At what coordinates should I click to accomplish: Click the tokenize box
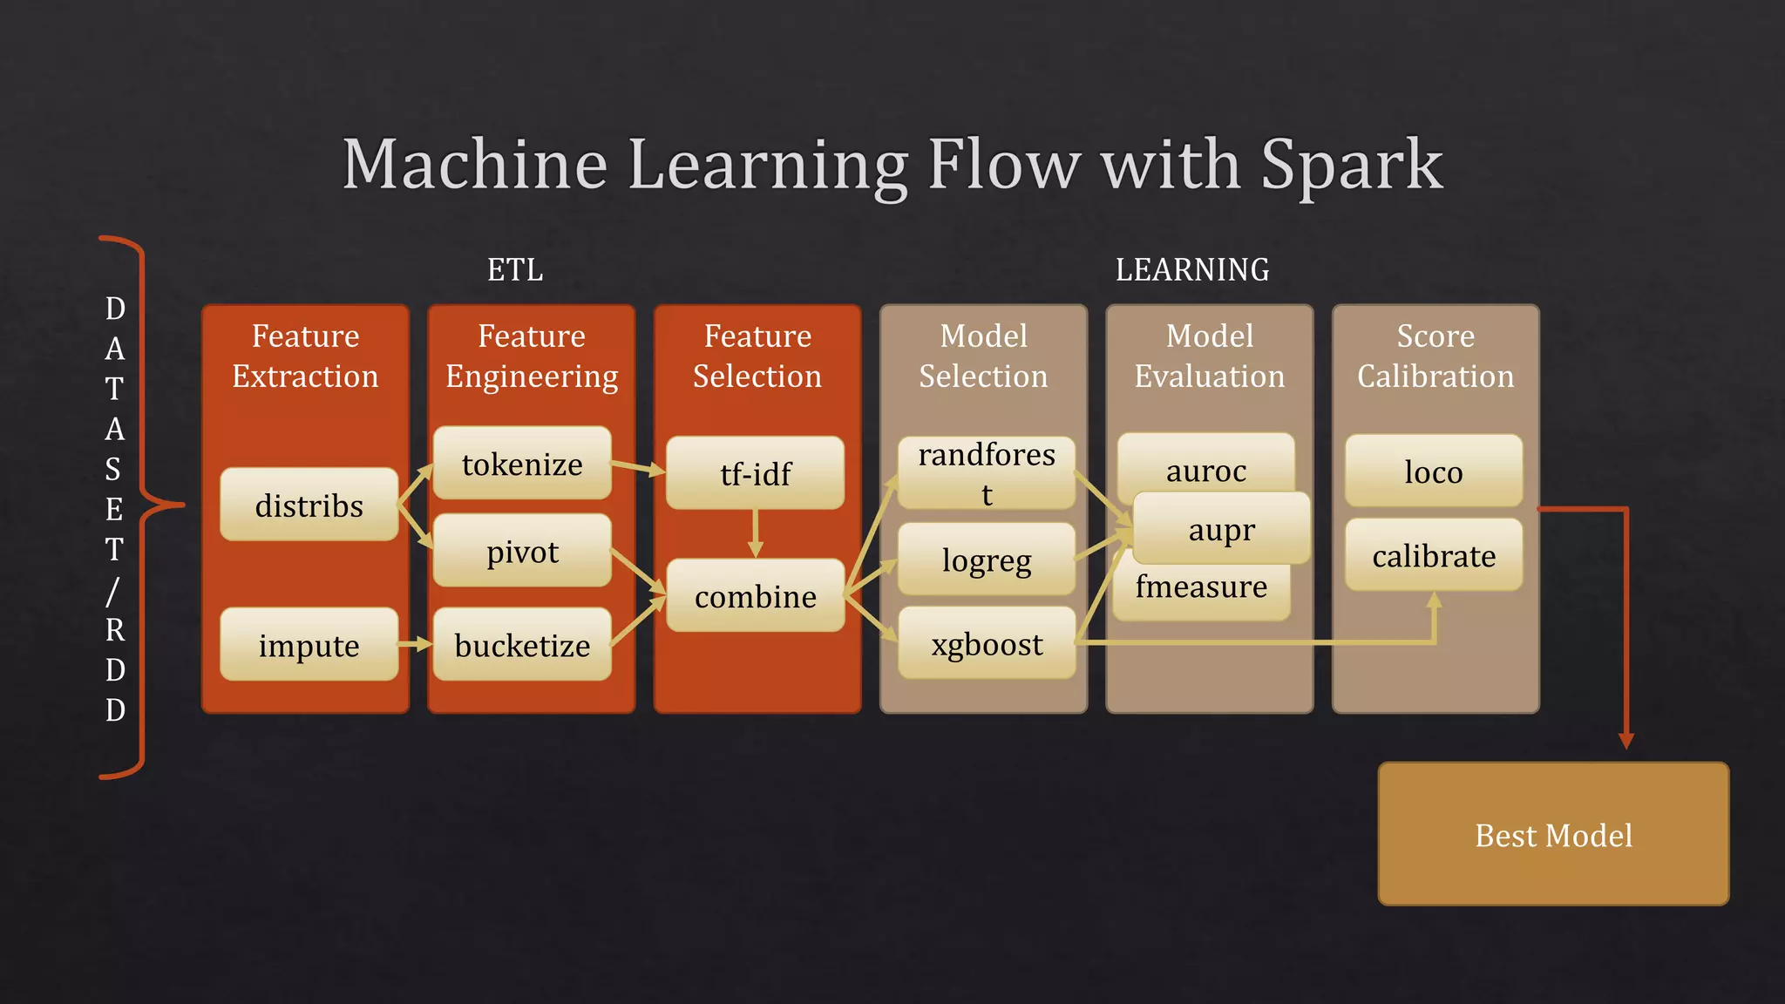[x=522, y=464]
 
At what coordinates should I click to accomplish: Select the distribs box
[x=309, y=505]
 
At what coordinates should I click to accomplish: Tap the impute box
[x=309, y=645]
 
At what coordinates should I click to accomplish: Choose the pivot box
[x=522, y=551]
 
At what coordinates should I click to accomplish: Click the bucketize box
[x=522, y=645]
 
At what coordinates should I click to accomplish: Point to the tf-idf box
[x=755, y=474]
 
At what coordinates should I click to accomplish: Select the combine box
[x=755, y=596]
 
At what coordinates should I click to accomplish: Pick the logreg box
[x=987, y=560]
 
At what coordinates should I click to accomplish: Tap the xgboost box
[x=987, y=644]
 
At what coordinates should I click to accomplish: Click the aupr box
[x=1222, y=529]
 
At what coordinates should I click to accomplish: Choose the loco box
[x=1434, y=471]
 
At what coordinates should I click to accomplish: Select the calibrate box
[x=1434, y=555]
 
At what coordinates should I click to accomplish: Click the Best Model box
[x=1553, y=835]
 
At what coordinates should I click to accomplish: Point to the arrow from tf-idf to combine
[x=756, y=533]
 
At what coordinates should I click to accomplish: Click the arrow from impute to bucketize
[x=415, y=645]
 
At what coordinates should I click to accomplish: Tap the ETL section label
[x=515, y=269]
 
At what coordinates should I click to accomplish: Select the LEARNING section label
[x=1192, y=269]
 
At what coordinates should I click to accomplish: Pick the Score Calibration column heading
[x=1435, y=356]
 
